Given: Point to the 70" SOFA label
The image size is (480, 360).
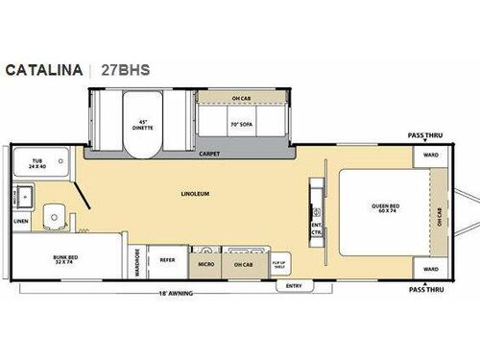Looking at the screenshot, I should (241, 124).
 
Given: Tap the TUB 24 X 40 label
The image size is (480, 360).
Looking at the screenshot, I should (37, 165).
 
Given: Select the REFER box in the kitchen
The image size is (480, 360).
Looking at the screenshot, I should (167, 258).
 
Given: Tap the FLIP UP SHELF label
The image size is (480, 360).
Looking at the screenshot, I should (278, 261).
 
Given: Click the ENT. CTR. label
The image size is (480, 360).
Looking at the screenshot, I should (316, 230).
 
